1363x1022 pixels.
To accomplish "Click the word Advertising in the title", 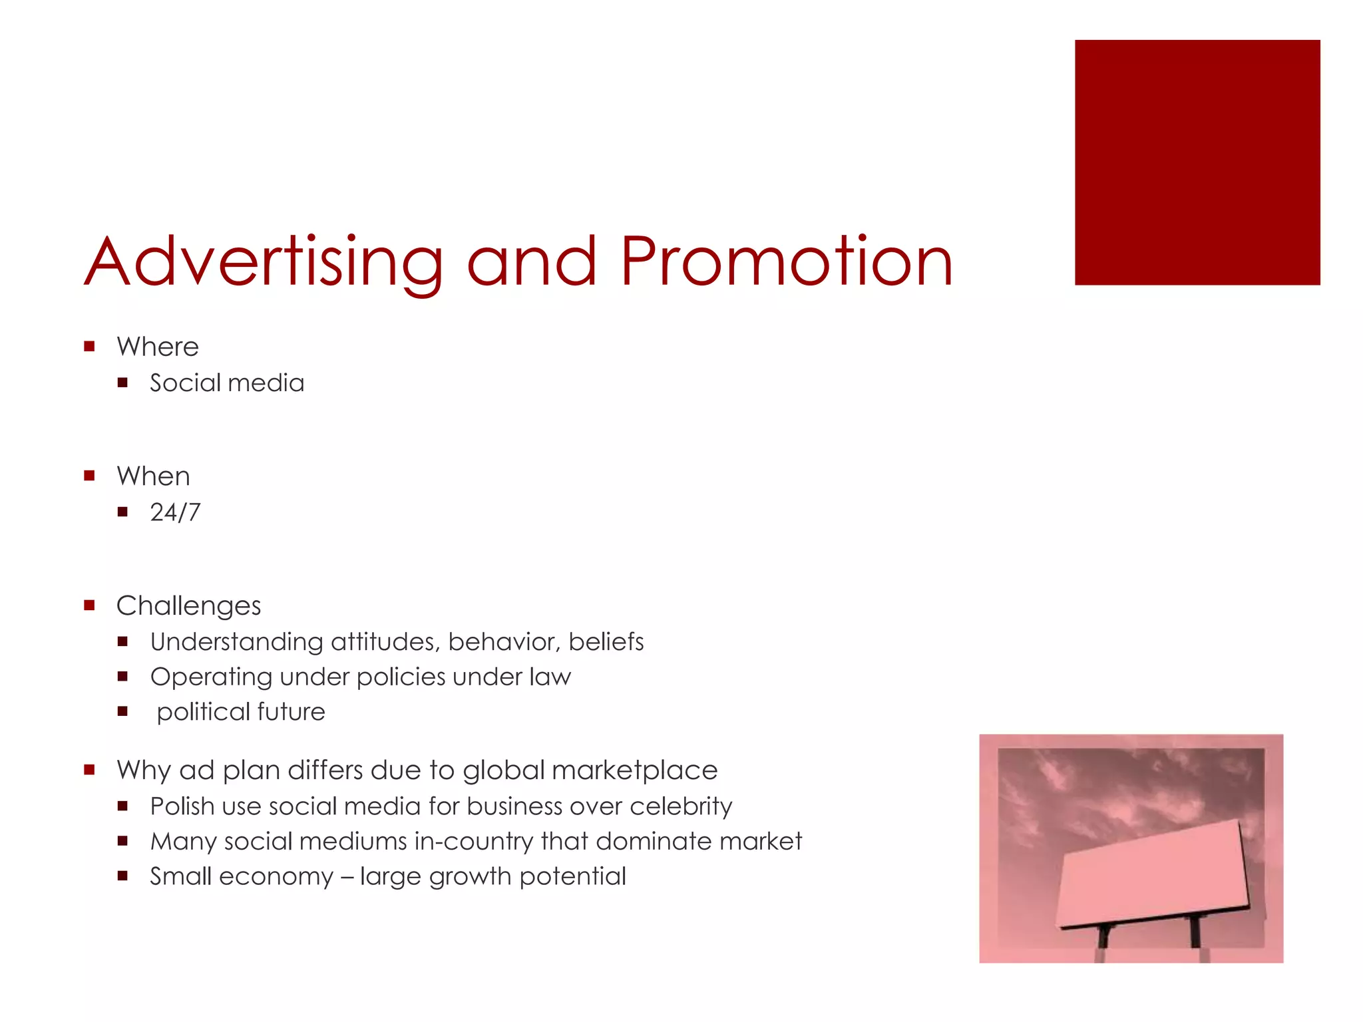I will [264, 262].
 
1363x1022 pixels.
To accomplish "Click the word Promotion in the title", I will [787, 262].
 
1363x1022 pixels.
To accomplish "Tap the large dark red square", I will [1197, 162].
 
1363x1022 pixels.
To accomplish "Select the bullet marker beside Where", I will [89, 346].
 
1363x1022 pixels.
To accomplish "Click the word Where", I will [158, 347].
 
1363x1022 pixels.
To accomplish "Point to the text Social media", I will [227, 383].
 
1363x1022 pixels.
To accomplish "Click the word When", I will [153, 476].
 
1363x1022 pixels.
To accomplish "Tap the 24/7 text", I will [175, 512].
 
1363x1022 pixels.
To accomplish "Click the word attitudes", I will [385, 642].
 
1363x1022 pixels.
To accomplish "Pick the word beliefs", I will [606, 642].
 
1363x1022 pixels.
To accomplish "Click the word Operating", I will [211, 677].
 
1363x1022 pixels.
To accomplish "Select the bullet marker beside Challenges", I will [89, 605].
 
